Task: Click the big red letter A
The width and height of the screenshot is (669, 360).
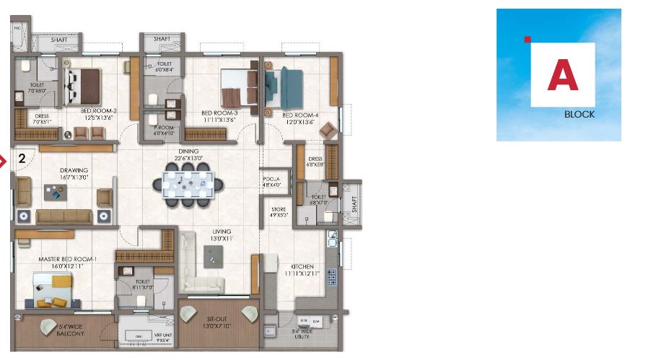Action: pos(562,75)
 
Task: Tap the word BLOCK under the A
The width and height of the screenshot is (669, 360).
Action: pos(580,115)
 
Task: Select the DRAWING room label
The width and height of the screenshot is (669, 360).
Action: pos(74,171)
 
